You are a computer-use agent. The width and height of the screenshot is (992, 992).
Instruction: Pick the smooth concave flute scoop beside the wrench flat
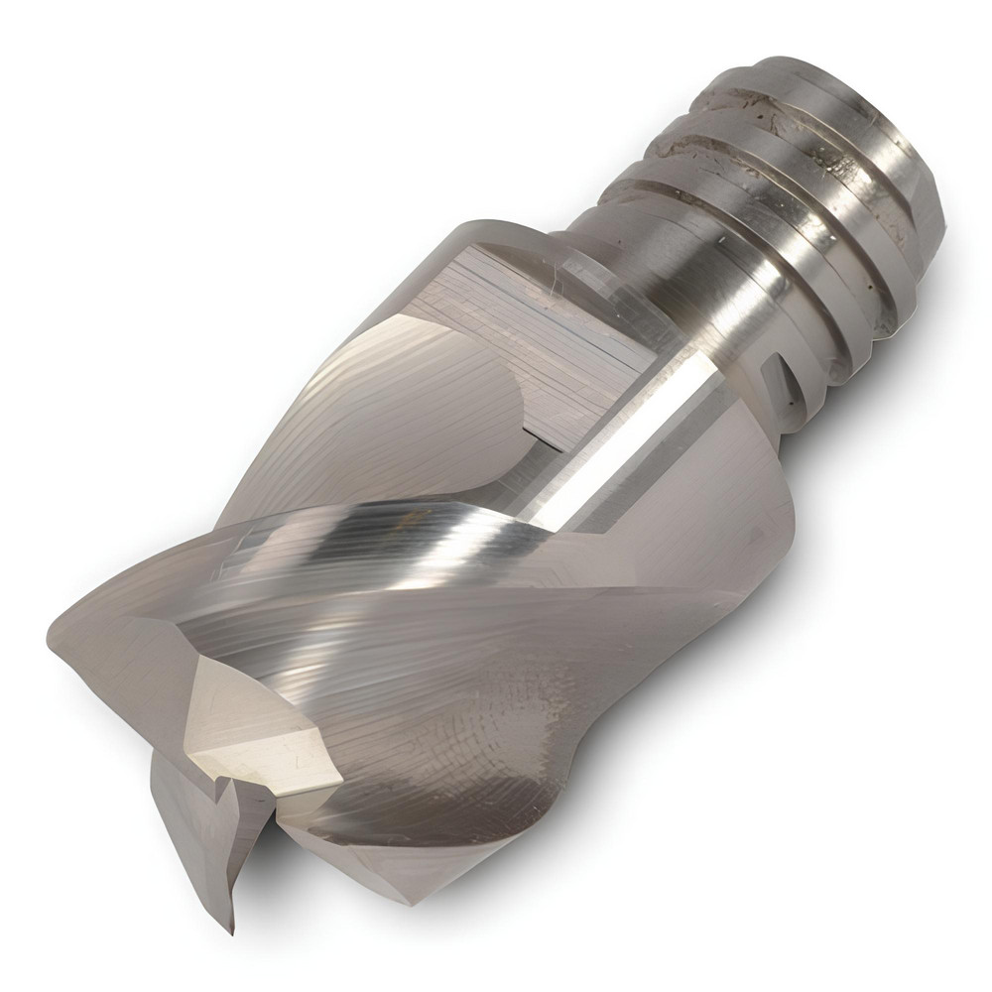click(x=397, y=397)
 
